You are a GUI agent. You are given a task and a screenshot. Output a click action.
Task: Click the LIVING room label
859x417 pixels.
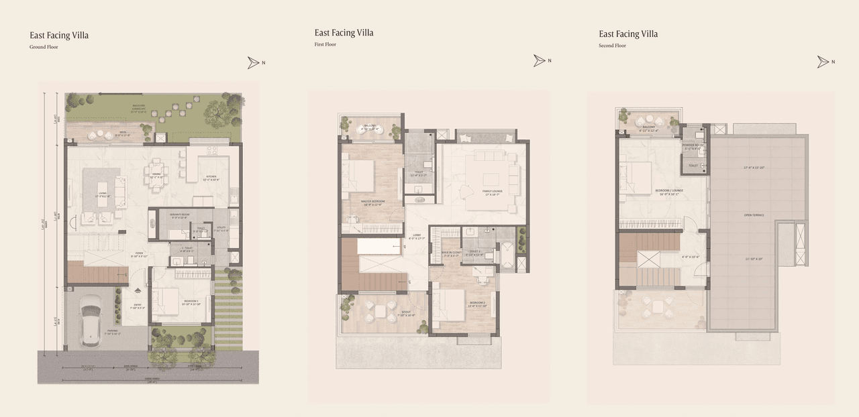(x=103, y=195)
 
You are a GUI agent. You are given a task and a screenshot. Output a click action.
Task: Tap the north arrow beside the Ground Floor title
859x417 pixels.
(x=253, y=62)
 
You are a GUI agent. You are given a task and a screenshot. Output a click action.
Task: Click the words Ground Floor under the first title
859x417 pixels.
(x=44, y=48)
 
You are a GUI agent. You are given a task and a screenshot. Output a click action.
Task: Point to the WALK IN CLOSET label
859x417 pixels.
(x=450, y=254)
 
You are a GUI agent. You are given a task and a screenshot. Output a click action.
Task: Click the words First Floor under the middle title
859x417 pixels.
(x=325, y=45)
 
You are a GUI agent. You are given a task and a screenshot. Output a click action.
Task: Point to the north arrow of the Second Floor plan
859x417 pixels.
(x=823, y=62)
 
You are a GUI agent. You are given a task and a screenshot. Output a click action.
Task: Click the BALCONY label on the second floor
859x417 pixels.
(x=648, y=126)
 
